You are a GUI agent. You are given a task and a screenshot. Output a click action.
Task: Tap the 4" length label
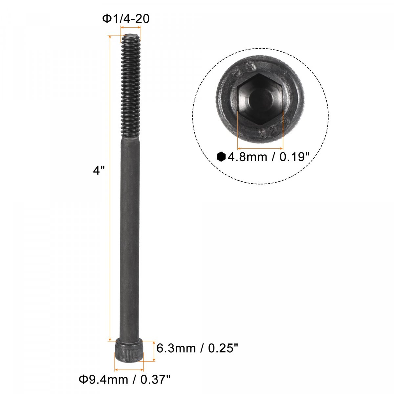click(99, 170)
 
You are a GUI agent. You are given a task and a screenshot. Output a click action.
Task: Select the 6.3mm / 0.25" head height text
click(197, 348)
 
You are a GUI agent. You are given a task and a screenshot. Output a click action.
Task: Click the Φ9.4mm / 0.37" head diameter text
click(124, 380)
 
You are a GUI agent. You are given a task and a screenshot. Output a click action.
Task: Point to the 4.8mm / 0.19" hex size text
click(269, 157)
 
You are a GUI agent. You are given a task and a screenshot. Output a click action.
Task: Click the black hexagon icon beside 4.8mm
click(221, 157)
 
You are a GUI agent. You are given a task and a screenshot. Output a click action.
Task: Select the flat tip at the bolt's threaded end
click(130, 36)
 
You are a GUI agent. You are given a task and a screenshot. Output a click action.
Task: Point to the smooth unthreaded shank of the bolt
click(130, 239)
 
